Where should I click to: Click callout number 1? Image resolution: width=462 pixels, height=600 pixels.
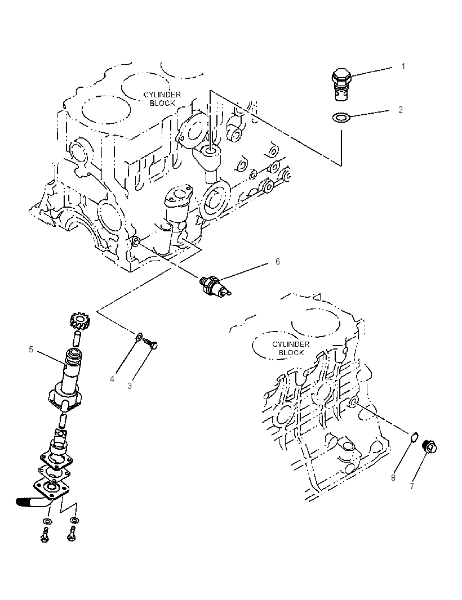pyautogui.click(x=403, y=66)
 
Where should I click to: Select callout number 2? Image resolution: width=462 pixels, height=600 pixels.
pyautogui.click(x=401, y=110)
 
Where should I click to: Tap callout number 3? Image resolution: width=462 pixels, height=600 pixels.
pyautogui.click(x=130, y=386)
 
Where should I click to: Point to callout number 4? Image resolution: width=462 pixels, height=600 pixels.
pyautogui.click(x=112, y=379)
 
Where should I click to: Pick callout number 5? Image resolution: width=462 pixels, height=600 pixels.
pyautogui.click(x=31, y=350)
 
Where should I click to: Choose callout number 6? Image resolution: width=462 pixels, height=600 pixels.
pyautogui.click(x=278, y=261)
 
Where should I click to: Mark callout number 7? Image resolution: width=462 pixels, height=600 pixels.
pyautogui.click(x=412, y=486)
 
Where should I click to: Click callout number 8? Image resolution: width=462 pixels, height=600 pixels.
pyautogui.click(x=393, y=477)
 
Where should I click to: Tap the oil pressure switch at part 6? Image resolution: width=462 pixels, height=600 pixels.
pyautogui.click(x=215, y=286)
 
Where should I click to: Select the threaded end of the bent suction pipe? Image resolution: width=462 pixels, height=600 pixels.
pyautogui.click(x=24, y=502)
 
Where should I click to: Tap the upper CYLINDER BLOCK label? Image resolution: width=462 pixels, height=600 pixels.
pyautogui.click(x=162, y=98)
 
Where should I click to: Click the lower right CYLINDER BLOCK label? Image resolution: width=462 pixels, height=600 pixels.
pyautogui.click(x=291, y=348)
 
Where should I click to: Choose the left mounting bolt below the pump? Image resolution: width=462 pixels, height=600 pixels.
pyautogui.click(x=45, y=534)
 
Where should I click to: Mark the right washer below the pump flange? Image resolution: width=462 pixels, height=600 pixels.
pyautogui.click(x=74, y=521)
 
